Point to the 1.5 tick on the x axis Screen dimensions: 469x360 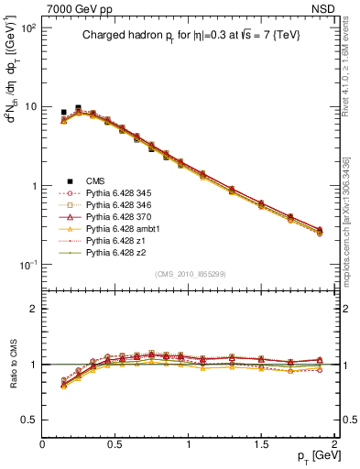pos(262,444)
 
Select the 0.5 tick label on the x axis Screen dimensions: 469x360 pos(115,444)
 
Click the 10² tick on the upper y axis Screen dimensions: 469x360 pos(27,28)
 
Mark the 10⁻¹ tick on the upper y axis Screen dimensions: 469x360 pos(27,265)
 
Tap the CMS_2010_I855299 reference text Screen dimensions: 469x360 pos(189,274)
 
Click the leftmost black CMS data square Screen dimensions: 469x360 pos(63,112)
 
